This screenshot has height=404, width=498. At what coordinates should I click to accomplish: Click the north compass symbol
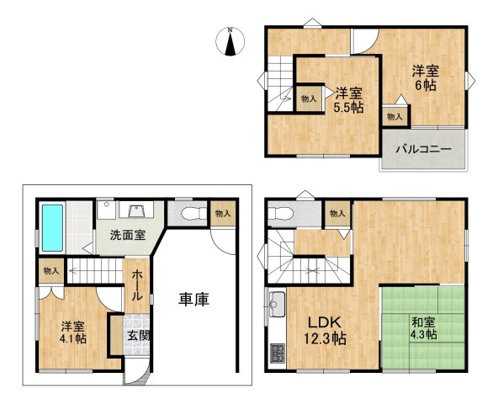[x=230, y=41]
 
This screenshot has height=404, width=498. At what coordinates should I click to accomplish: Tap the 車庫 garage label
[x=193, y=299]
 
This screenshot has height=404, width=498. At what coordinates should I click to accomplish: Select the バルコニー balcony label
[x=425, y=150]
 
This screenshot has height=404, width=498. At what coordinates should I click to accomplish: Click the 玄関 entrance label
[x=137, y=335]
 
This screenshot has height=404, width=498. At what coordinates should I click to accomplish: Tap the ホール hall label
[x=137, y=287]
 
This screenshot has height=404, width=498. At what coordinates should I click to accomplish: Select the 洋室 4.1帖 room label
[x=73, y=334]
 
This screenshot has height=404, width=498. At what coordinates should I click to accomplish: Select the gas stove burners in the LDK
[x=277, y=353]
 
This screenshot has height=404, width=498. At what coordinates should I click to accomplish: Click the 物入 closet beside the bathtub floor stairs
[x=50, y=271]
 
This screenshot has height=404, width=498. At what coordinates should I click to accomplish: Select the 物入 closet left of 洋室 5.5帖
[x=309, y=98]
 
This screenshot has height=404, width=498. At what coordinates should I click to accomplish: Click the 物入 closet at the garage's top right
[x=223, y=214]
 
